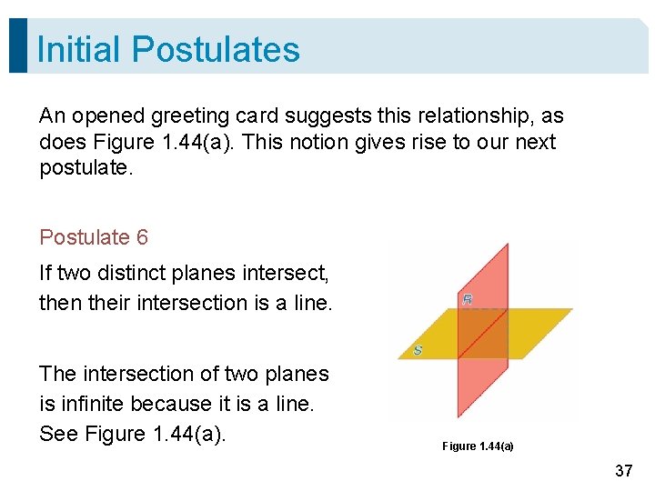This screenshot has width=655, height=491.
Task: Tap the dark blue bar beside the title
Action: click(17, 45)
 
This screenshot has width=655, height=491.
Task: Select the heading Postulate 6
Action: click(94, 238)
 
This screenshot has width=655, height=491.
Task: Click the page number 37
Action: click(623, 471)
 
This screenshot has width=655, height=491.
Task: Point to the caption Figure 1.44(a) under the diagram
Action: click(478, 446)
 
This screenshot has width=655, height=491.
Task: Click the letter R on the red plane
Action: click(467, 299)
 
